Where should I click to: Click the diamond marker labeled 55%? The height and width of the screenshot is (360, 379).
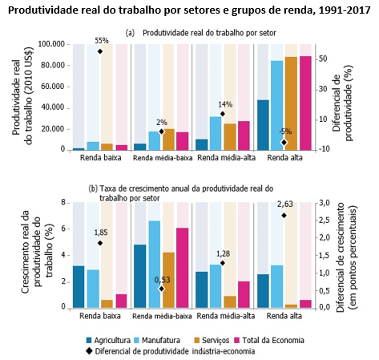(100, 51)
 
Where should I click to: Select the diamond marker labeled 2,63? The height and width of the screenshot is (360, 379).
(284, 216)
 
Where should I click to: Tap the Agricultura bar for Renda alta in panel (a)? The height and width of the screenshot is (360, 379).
(263, 125)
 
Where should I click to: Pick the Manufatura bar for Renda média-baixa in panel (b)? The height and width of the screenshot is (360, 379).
(155, 264)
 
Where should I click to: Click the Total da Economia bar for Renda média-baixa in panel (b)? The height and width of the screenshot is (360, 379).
(183, 268)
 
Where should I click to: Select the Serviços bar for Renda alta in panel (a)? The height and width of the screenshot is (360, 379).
(291, 103)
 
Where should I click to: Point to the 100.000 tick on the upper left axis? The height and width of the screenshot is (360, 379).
(52, 44)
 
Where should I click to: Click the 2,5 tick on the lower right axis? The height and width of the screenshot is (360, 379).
(325, 220)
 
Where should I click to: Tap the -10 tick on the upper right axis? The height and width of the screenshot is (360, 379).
(323, 149)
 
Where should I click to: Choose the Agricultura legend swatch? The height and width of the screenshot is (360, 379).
(89, 341)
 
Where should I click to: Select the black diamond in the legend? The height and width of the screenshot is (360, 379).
(89, 351)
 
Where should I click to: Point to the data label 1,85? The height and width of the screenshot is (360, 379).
(101, 233)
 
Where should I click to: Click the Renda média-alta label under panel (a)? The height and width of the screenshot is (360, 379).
(226, 158)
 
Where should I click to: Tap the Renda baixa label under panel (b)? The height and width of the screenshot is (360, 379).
(100, 316)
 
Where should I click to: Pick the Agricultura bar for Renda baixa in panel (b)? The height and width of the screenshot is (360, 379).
(79, 287)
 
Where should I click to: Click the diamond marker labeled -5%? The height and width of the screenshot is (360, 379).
(284, 143)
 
